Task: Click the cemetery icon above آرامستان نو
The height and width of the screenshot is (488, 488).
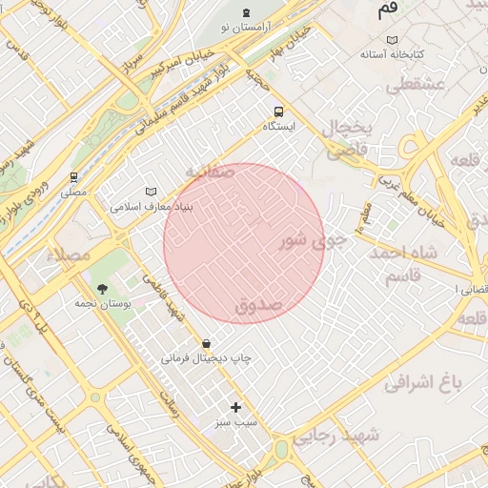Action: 248,12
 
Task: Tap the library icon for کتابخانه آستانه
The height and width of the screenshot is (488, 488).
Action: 392,40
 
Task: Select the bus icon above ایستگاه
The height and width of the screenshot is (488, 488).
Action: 278,111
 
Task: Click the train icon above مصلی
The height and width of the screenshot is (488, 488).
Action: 73,176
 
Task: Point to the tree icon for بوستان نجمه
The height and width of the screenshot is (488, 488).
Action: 101,287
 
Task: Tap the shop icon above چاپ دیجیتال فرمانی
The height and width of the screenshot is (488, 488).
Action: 206,343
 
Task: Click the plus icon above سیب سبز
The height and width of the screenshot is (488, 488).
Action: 235,407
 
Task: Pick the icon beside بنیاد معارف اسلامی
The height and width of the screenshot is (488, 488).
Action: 150,192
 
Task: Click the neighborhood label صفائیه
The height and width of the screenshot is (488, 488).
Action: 210,172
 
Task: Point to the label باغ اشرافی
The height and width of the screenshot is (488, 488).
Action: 422,383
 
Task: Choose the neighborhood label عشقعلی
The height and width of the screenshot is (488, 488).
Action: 416,85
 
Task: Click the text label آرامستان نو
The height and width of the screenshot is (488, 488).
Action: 248,29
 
